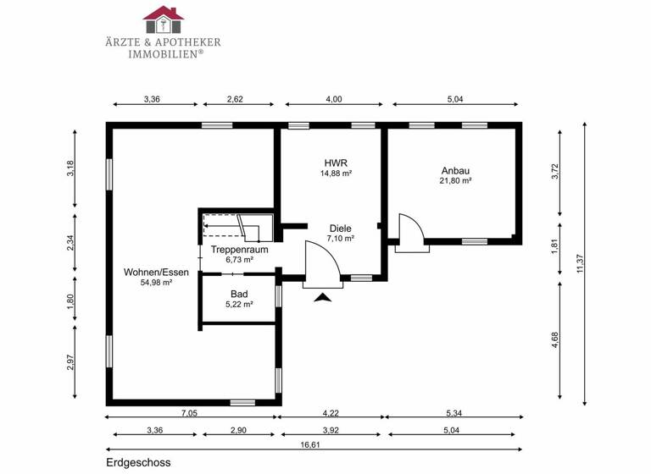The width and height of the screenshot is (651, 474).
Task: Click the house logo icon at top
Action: coord(164,14)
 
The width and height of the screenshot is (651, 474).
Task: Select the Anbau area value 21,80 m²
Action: coord(455,180)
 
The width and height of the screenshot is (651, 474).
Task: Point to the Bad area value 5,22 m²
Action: coord(239,305)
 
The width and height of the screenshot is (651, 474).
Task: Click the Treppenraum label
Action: coord(239,250)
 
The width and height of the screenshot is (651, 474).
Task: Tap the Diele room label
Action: coord(342,228)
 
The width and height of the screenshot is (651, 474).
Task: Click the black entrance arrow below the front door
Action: coord(323,297)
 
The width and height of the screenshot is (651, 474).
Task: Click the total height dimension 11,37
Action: coord(579,264)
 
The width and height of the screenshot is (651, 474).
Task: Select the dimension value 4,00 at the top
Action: coord(334,99)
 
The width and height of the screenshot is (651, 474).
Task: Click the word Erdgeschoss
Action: coord(139,464)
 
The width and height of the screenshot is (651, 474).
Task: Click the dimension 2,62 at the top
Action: coord(235,99)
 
